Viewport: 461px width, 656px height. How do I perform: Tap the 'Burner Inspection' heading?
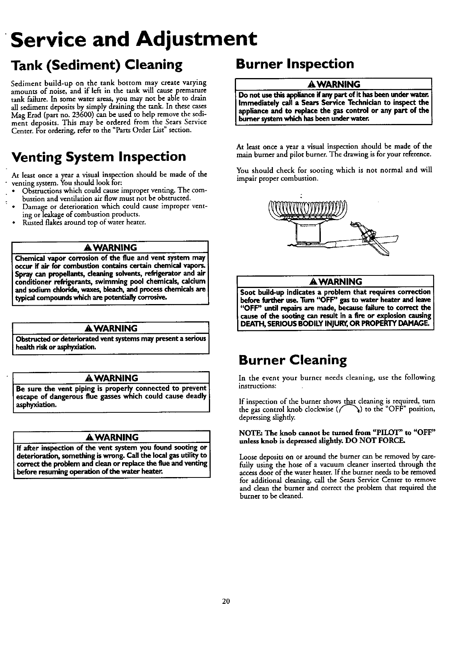click(x=295, y=64)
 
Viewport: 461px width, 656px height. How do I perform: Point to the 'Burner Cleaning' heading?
click(x=293, y=360)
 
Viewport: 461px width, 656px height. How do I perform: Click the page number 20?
click(x=225, y=601)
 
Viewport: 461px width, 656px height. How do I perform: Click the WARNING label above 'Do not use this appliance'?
click(x=334, y=84)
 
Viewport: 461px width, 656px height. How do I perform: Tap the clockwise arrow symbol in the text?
click(x=353, y=410)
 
